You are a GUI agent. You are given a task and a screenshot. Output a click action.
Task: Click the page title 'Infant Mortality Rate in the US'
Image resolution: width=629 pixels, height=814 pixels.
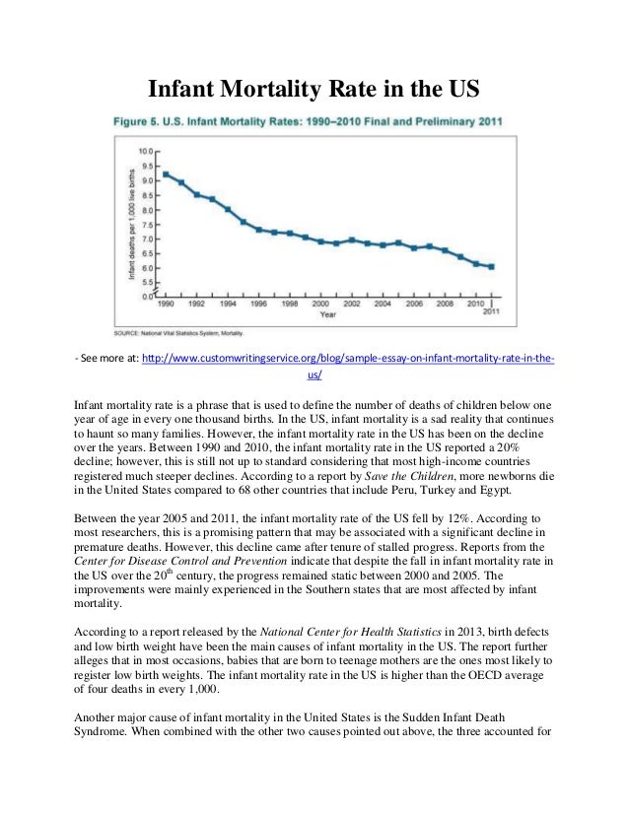314,91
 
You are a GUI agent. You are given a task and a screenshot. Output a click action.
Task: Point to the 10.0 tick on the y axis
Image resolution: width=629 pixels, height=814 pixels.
144,151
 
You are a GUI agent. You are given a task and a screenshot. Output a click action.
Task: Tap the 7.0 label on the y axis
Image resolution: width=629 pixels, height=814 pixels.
144,238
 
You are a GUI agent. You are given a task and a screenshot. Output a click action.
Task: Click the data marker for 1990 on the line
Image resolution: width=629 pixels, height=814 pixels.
166,174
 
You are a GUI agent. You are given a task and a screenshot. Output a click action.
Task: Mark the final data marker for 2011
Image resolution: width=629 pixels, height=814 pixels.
491,266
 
